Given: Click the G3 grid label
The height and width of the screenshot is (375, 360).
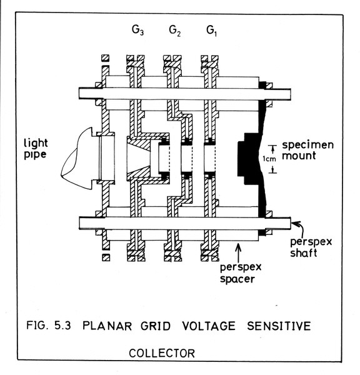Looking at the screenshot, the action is coord(137,30).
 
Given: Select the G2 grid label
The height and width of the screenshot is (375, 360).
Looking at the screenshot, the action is coord(175,31).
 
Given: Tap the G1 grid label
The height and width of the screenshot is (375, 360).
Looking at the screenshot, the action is coord(211,31).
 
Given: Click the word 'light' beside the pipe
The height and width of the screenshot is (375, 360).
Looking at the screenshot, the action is coord(36,144).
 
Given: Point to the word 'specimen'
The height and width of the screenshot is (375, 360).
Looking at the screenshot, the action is coord(307,145).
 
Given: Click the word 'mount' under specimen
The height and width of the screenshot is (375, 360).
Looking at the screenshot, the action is coord(299,156).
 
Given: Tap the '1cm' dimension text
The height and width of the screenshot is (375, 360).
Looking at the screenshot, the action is coord(269,159).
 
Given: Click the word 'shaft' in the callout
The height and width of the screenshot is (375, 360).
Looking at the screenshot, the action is coord(304,252).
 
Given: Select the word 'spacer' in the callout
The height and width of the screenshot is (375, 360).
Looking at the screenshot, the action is coord(237,279).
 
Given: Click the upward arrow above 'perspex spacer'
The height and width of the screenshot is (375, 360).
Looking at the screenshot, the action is coord(238,252).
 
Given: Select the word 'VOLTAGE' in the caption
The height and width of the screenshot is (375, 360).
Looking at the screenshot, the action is coord(209,326).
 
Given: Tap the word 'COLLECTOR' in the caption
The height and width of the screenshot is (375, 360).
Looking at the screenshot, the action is coord(162,353).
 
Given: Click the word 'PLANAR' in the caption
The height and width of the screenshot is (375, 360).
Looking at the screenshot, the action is coord(107,326).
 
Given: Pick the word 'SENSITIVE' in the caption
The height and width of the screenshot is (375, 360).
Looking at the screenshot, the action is coord(279,326).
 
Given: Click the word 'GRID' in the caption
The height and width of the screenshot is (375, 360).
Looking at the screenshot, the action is coord(156,326).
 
